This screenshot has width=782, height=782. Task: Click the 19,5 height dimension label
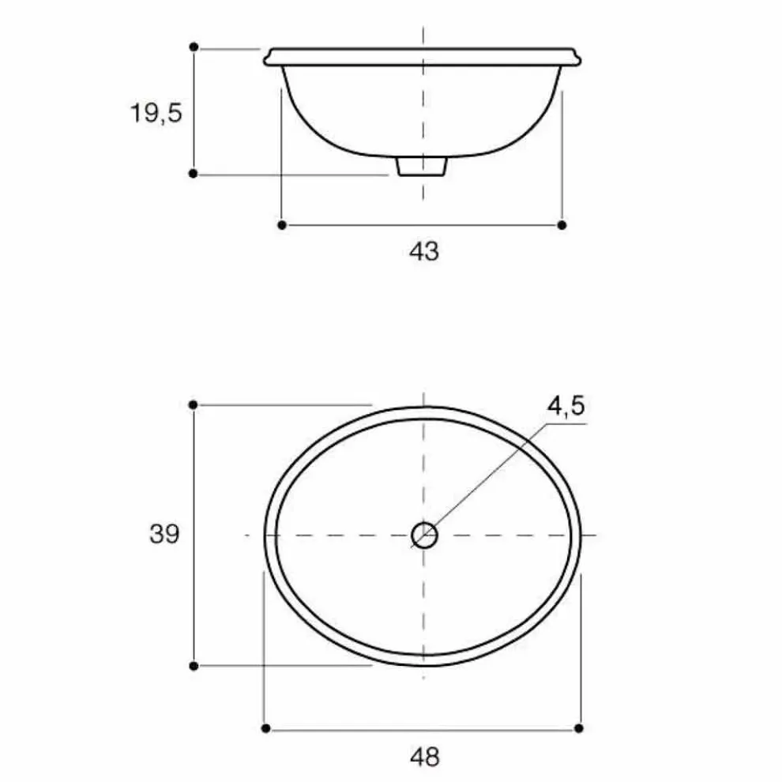(x=156, y=113)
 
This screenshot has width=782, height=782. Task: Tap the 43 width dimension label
(x=424, y=251)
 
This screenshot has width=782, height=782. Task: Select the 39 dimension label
(x=164, y=534)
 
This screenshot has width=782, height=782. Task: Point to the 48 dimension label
(x=425, y=757)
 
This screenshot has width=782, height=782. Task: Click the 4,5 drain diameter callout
(x=566, y=406)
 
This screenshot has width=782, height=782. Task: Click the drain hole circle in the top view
(x=424, y=535)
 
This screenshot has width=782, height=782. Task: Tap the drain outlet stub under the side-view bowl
(x=422, y=167)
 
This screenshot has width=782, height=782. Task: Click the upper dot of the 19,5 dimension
(x=194, y=47)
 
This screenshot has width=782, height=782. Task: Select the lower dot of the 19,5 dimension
(x=194, y=174)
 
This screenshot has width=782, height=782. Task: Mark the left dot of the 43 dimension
(x=282, y=225)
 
